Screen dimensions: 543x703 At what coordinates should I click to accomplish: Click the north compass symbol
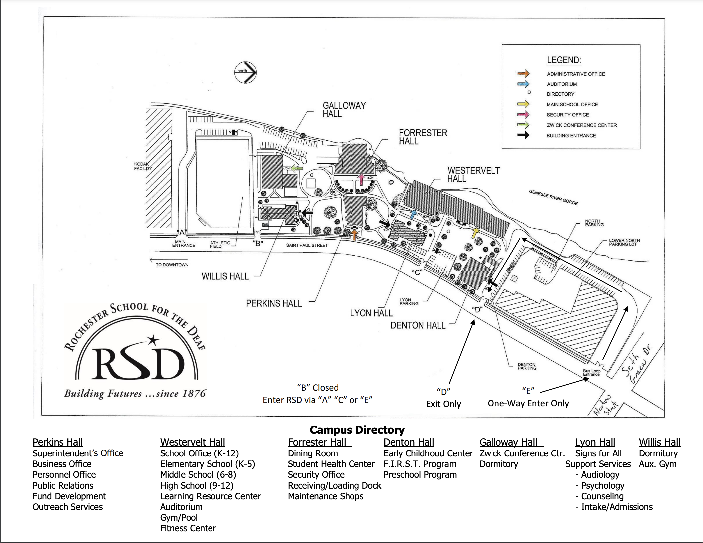(245, 72)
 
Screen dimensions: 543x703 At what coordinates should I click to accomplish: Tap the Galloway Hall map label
(344, 110)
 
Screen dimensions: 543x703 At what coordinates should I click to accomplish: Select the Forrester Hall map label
(423, 137)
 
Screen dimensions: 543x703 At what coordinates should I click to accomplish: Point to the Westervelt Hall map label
(473, 175)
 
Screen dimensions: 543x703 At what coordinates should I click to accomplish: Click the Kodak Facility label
(143, 166)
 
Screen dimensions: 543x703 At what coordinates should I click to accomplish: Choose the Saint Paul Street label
(307, 245)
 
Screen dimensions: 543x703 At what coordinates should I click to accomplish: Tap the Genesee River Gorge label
(553, 197)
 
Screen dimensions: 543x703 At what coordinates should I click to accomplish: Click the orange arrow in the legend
(523, 74)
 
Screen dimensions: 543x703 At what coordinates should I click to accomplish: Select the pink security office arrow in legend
(523, 115)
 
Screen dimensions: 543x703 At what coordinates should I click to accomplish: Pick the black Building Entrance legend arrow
(523, 135)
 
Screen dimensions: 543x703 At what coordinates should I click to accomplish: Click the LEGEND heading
(564, 60)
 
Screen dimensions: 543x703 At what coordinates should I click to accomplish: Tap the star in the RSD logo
(153, 340)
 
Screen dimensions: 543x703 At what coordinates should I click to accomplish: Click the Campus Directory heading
(357, 430)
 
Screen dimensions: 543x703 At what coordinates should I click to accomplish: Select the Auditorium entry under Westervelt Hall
(181, 507)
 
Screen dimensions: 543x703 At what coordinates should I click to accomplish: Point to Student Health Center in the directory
(331, 464)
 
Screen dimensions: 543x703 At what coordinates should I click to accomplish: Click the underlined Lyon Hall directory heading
(595, 442)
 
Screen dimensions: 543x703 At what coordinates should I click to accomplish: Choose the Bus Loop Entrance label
(591, 373)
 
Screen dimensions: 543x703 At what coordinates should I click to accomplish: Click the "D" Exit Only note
(443, 398)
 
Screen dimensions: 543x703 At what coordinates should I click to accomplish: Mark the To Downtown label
(172, 265)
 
